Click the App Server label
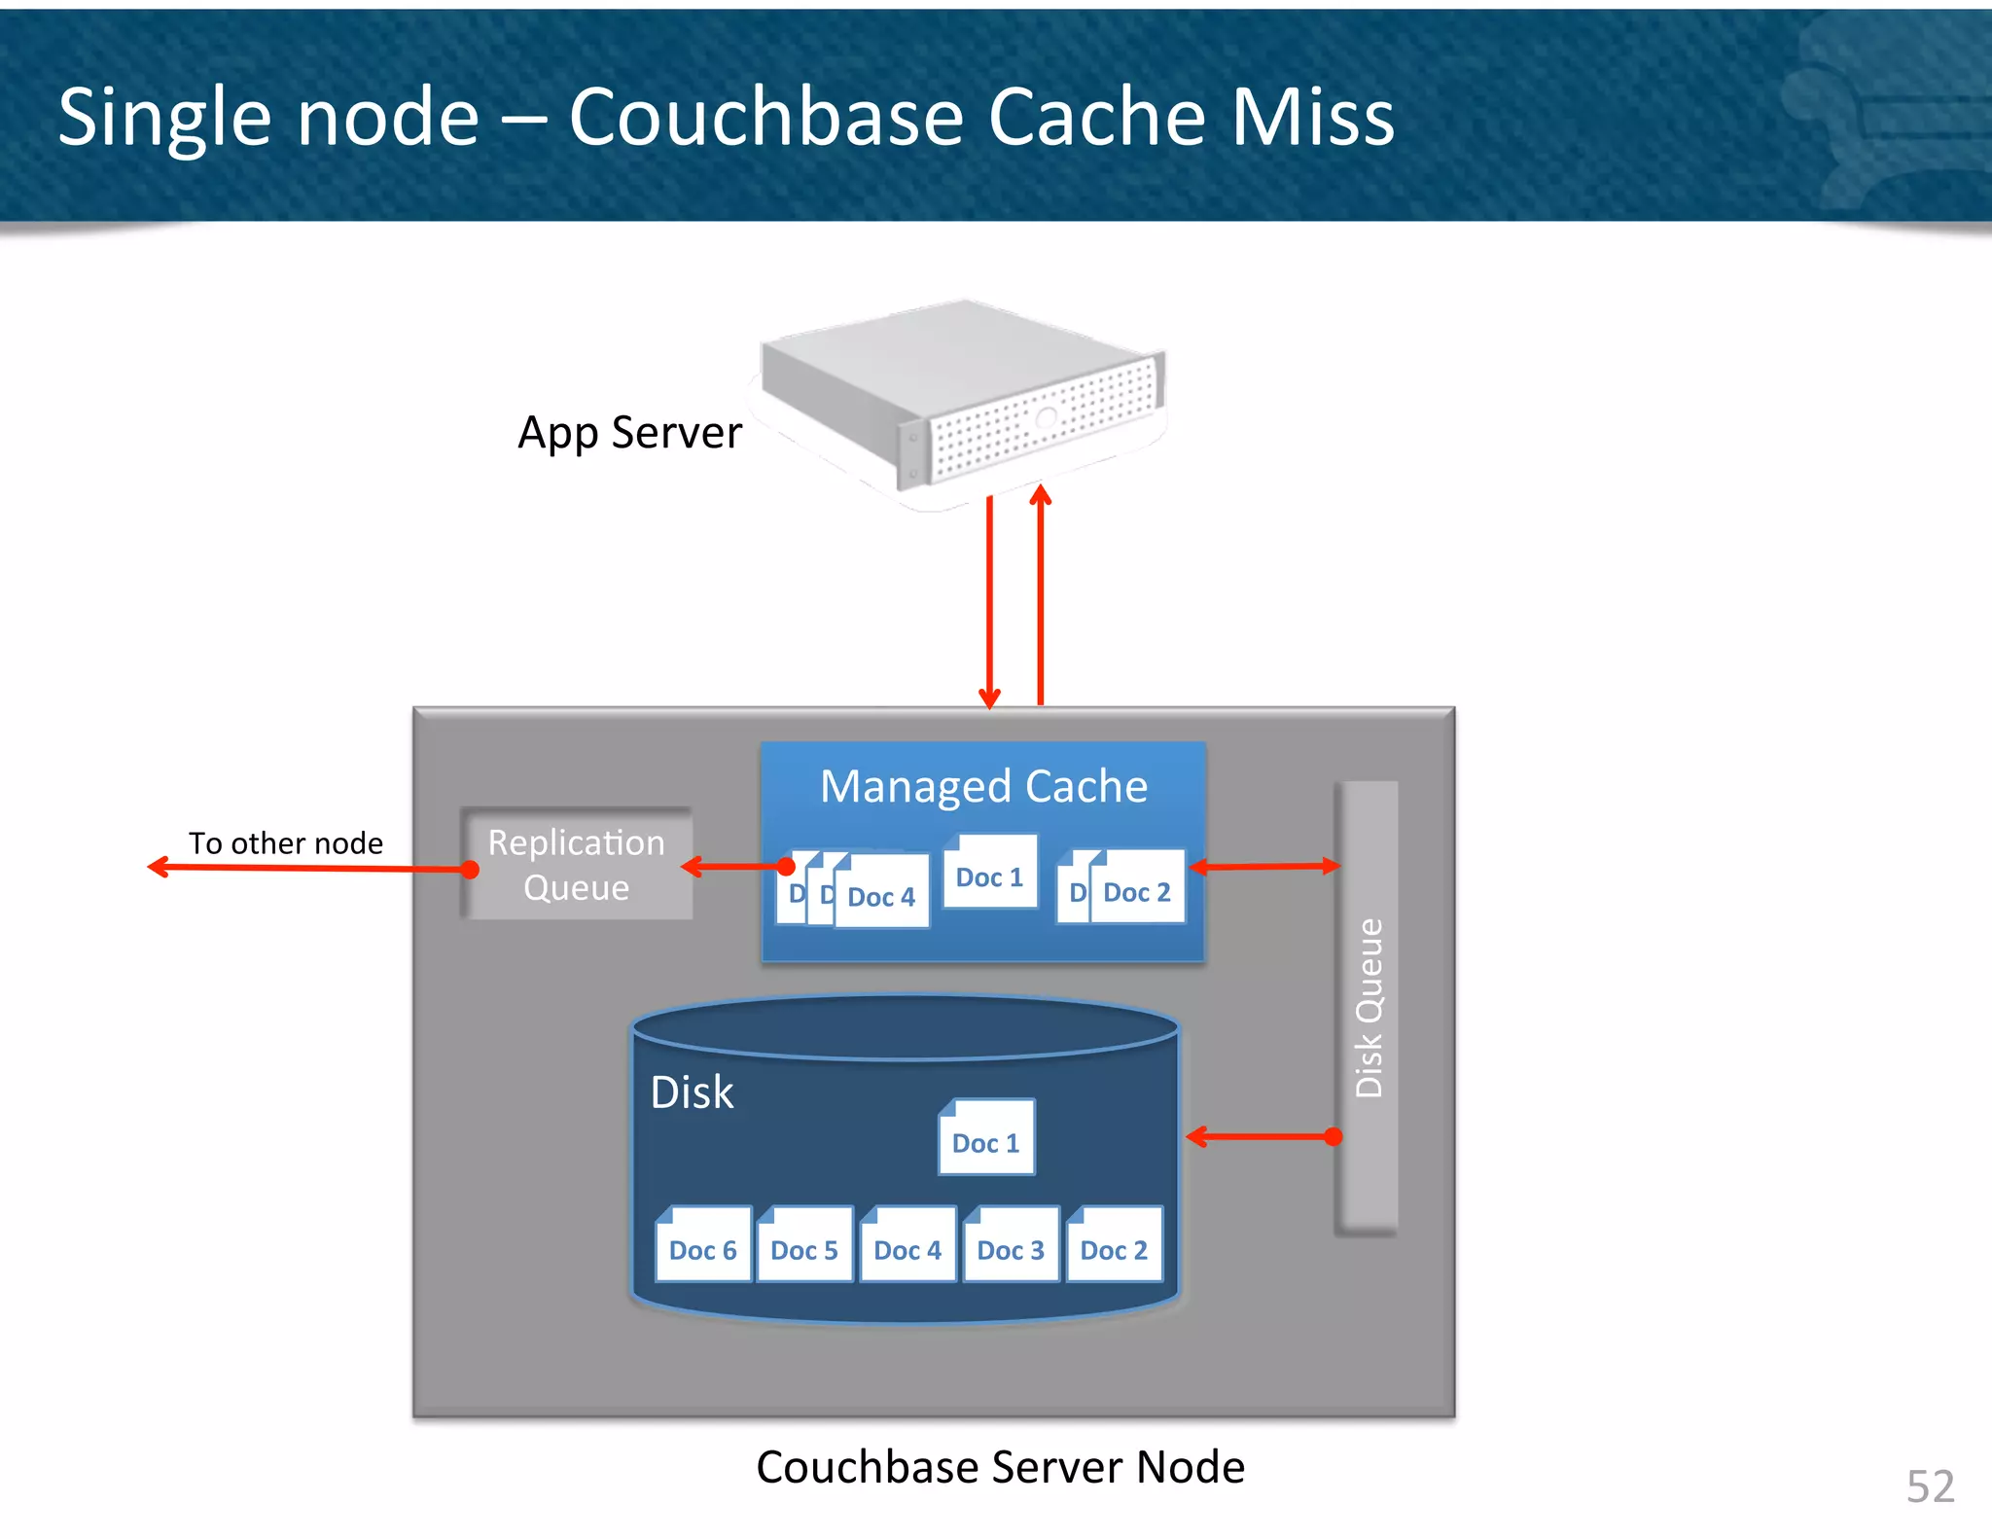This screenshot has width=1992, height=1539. point(629,433)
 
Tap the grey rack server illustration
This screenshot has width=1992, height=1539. point(963,399)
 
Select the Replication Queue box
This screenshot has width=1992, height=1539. point(577,864)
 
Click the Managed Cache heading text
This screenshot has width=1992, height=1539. point(983,786)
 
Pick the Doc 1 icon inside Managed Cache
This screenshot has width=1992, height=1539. point(989,873)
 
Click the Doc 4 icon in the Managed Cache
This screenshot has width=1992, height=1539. point(881,893)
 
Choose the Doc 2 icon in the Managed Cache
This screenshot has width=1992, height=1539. point(1136,888)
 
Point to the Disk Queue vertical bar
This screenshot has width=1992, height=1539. point(1368,1008)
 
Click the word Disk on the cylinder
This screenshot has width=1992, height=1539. point(692,1092)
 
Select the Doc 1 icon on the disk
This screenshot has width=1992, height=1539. point(985,1138)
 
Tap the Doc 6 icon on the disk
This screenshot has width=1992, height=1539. point(702,1245)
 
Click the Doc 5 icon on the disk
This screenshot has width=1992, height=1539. point(804,1245)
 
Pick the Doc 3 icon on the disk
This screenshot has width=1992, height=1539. point(1011,1245)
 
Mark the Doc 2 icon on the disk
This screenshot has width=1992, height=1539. point(1114,1245)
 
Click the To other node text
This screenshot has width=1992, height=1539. point(285,842)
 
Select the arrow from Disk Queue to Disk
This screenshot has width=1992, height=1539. point(1262,1136)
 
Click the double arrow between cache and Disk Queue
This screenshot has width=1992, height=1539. point(1263,866)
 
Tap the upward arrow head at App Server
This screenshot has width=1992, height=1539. point(1041,494)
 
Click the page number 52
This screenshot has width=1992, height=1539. point(1930,1486)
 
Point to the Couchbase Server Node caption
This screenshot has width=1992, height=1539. point(1000,1467)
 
